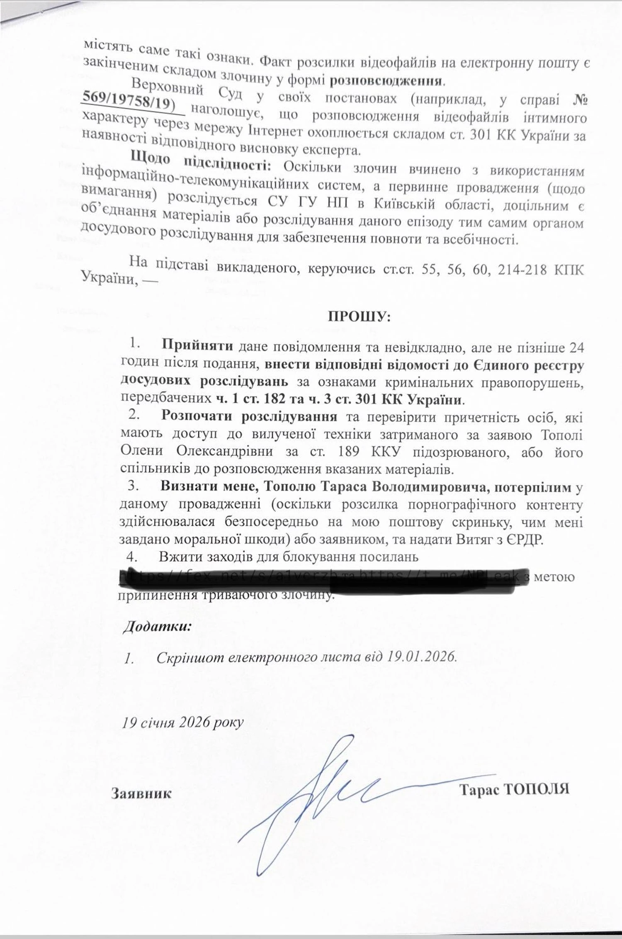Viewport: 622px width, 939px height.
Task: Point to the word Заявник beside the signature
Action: [141, 793]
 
